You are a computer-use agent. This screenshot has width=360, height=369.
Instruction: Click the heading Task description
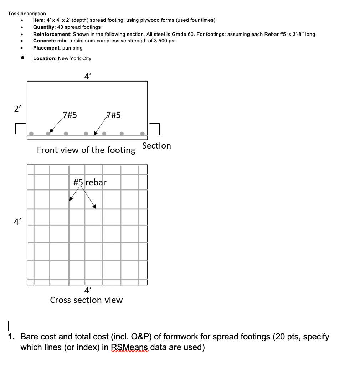tap(27, 14)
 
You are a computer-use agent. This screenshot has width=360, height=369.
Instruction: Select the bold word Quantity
tap(43, 27)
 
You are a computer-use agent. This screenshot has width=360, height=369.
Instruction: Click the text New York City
tap(74, 58)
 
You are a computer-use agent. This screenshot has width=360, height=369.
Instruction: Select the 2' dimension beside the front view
tap(17, 109)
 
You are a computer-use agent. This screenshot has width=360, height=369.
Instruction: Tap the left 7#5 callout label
tap(70, 115)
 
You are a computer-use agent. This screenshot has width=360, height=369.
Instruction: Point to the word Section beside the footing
tap(156, 146)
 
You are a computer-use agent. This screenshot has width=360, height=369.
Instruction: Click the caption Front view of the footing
tap(86, 150)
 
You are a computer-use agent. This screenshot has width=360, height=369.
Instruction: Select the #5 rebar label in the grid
tap(90, 182)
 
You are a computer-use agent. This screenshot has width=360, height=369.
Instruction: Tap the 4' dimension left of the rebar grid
tap(17, 222)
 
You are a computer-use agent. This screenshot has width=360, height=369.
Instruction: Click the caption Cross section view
tap(86, 300)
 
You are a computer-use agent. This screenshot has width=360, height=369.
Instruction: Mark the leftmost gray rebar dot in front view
tap(31, 134)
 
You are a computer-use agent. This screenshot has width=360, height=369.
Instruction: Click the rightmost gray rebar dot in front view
tap(143, 134)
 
